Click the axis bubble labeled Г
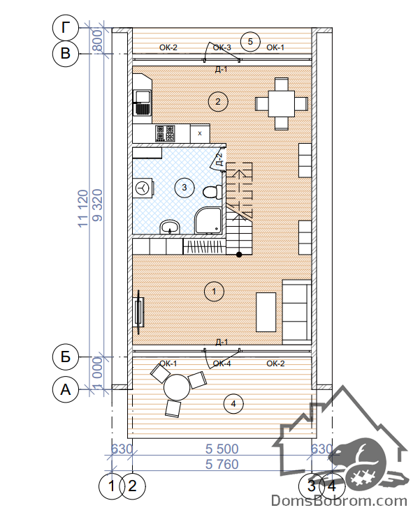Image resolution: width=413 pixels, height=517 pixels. (x=66, y=28)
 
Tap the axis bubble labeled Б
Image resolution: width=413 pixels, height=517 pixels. (x=66, y=357)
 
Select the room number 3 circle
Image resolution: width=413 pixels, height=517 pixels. (x=184, y=188)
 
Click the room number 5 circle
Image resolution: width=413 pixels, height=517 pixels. (x=250, y=42)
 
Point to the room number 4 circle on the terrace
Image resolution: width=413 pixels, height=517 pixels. (x=233, y=403)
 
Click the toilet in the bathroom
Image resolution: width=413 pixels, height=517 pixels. (x=212, y=192)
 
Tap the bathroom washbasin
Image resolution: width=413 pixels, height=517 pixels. (x=170, y=227)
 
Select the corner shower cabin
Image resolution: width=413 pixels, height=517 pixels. (x=208, y=220)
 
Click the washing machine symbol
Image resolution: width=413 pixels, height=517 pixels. (x=143, y=188)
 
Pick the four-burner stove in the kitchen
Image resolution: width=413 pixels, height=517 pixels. (x=165, y=133)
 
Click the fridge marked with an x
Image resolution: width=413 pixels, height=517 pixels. (x=200, y=133)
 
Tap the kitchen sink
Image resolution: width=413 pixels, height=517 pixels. (x=143, y=103)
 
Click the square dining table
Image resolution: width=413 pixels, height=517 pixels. (x=282, y=103)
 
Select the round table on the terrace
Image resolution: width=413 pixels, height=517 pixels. (x=177, y=387)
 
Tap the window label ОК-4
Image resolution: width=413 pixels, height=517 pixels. (x=222, y=364)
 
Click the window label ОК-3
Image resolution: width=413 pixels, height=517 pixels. (x=222, y=47)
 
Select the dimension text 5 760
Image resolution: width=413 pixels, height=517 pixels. (x=222, y=464)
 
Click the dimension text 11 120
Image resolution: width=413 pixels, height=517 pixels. (x=83, y=209)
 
